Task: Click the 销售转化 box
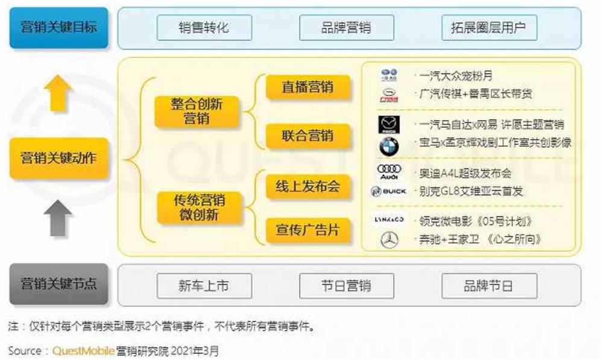pyautogui.click(x=204, y=28)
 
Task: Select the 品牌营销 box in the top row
pyautogui.click(x=346, y=28)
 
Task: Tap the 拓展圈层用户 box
pyautogui.click(x=489, y=28)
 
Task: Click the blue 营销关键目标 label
pyautogui.click(x=58, y=28)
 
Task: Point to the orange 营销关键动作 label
pyautogui.click(x=58, y=159)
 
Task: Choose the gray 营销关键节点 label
pyautogui.click(x=58, y=284)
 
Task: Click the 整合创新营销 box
pyautogui.click(x=197, y=111)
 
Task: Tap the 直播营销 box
pyautogui.click(x=307, y=87)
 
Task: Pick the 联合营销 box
pyautogui.click(x=307, y=135)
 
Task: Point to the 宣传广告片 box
pyautogui.click(x=307, y=230)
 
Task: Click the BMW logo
pyautogui.click(x=389, y=146)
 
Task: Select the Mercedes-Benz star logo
pyautogui.click(x=389, y=240)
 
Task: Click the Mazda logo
pyautogui.click(x=389, y=125)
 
